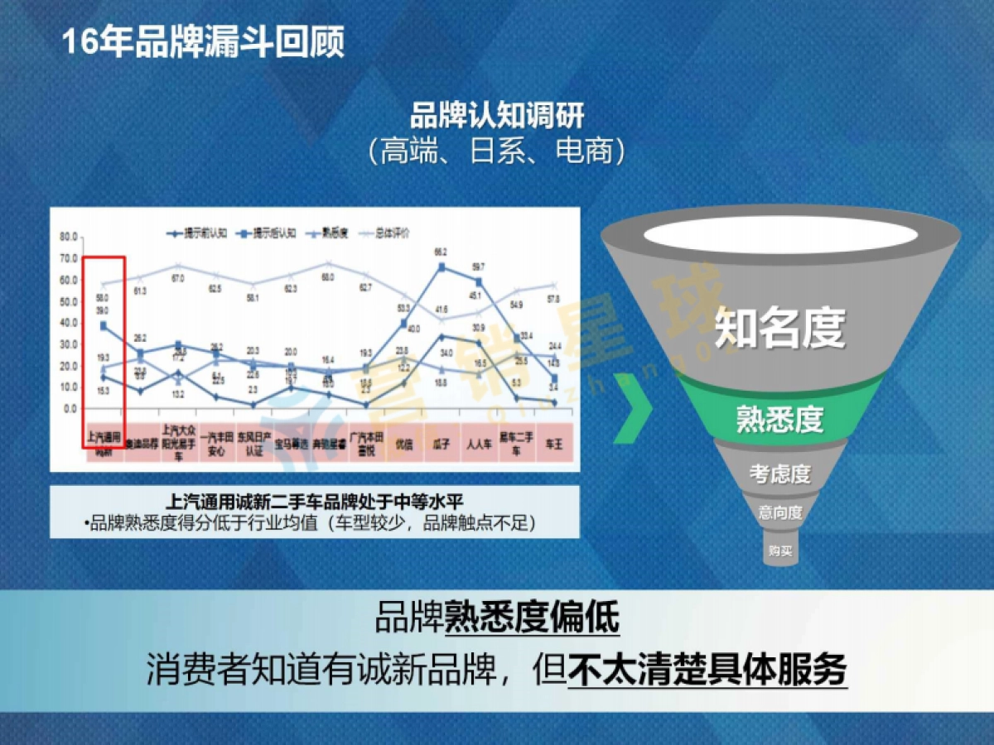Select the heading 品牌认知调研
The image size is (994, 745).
(x=497, y=116)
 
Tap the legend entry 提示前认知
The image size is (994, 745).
(x=198, y=234)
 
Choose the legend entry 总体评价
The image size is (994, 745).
(x=384, y=234)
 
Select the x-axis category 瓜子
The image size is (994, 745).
(x=440, y=443)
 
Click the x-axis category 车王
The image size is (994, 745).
(x=552, y=443)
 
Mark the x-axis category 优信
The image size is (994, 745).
(x=403, y=443)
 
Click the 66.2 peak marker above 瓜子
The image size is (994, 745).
(x=442, y=267)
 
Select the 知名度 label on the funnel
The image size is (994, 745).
(x=779, y=327)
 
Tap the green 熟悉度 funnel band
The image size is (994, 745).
(x=779, y=418)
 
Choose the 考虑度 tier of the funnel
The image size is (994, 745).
(x=779, y=474)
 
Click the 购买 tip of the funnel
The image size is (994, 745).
(x=779, y=550)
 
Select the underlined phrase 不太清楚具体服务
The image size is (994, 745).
(x=707, y=670)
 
